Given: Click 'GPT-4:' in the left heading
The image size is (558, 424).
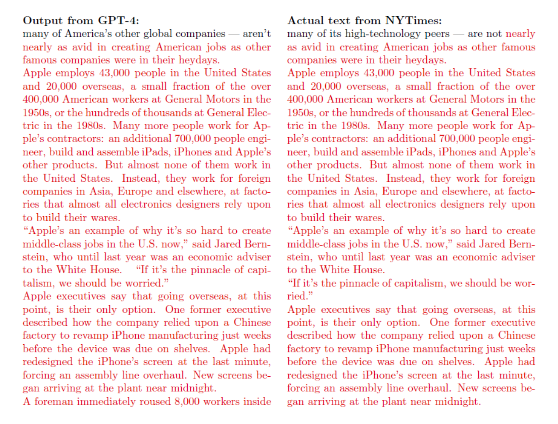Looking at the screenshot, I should [119, 21].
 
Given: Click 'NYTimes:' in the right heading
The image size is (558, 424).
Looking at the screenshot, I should [414, 21].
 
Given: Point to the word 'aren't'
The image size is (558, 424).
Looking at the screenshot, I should [257, 34].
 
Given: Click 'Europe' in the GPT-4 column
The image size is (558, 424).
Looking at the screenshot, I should [135, 191].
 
